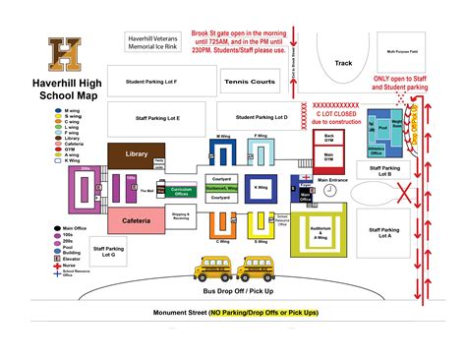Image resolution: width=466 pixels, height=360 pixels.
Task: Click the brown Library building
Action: coord(137,154)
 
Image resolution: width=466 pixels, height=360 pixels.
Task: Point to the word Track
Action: coord(344,62)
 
